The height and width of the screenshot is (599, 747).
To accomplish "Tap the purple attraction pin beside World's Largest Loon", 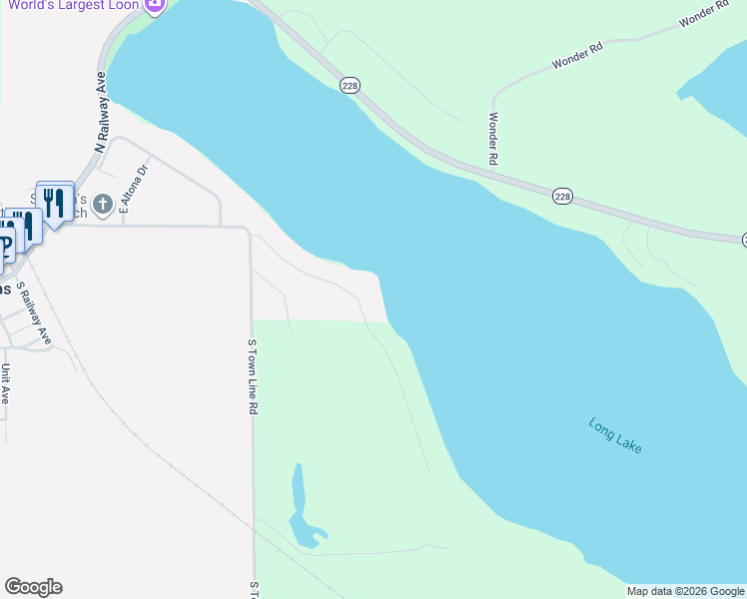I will tap(155, 6).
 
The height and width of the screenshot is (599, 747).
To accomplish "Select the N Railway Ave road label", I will tap(100, 110).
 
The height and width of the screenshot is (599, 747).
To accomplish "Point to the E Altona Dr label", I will tap(126, 189).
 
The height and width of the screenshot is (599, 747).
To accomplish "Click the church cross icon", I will tap(102, 207).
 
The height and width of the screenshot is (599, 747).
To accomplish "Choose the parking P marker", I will tap(5, 243).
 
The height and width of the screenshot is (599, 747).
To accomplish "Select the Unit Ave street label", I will tap(5, 383).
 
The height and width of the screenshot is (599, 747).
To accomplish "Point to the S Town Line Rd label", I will tap(253, 376).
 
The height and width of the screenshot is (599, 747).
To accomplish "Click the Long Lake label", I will tap(615, 435).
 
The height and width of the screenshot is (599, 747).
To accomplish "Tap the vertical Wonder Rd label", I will tap(492, 138).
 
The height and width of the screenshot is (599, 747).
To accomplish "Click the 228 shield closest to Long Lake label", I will tap(563, 197).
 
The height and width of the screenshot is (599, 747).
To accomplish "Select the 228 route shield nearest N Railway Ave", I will tap(349, 87).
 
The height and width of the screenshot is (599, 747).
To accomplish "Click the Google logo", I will tap(33, 587).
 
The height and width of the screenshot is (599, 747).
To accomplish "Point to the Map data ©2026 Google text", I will tap(685, 591).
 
